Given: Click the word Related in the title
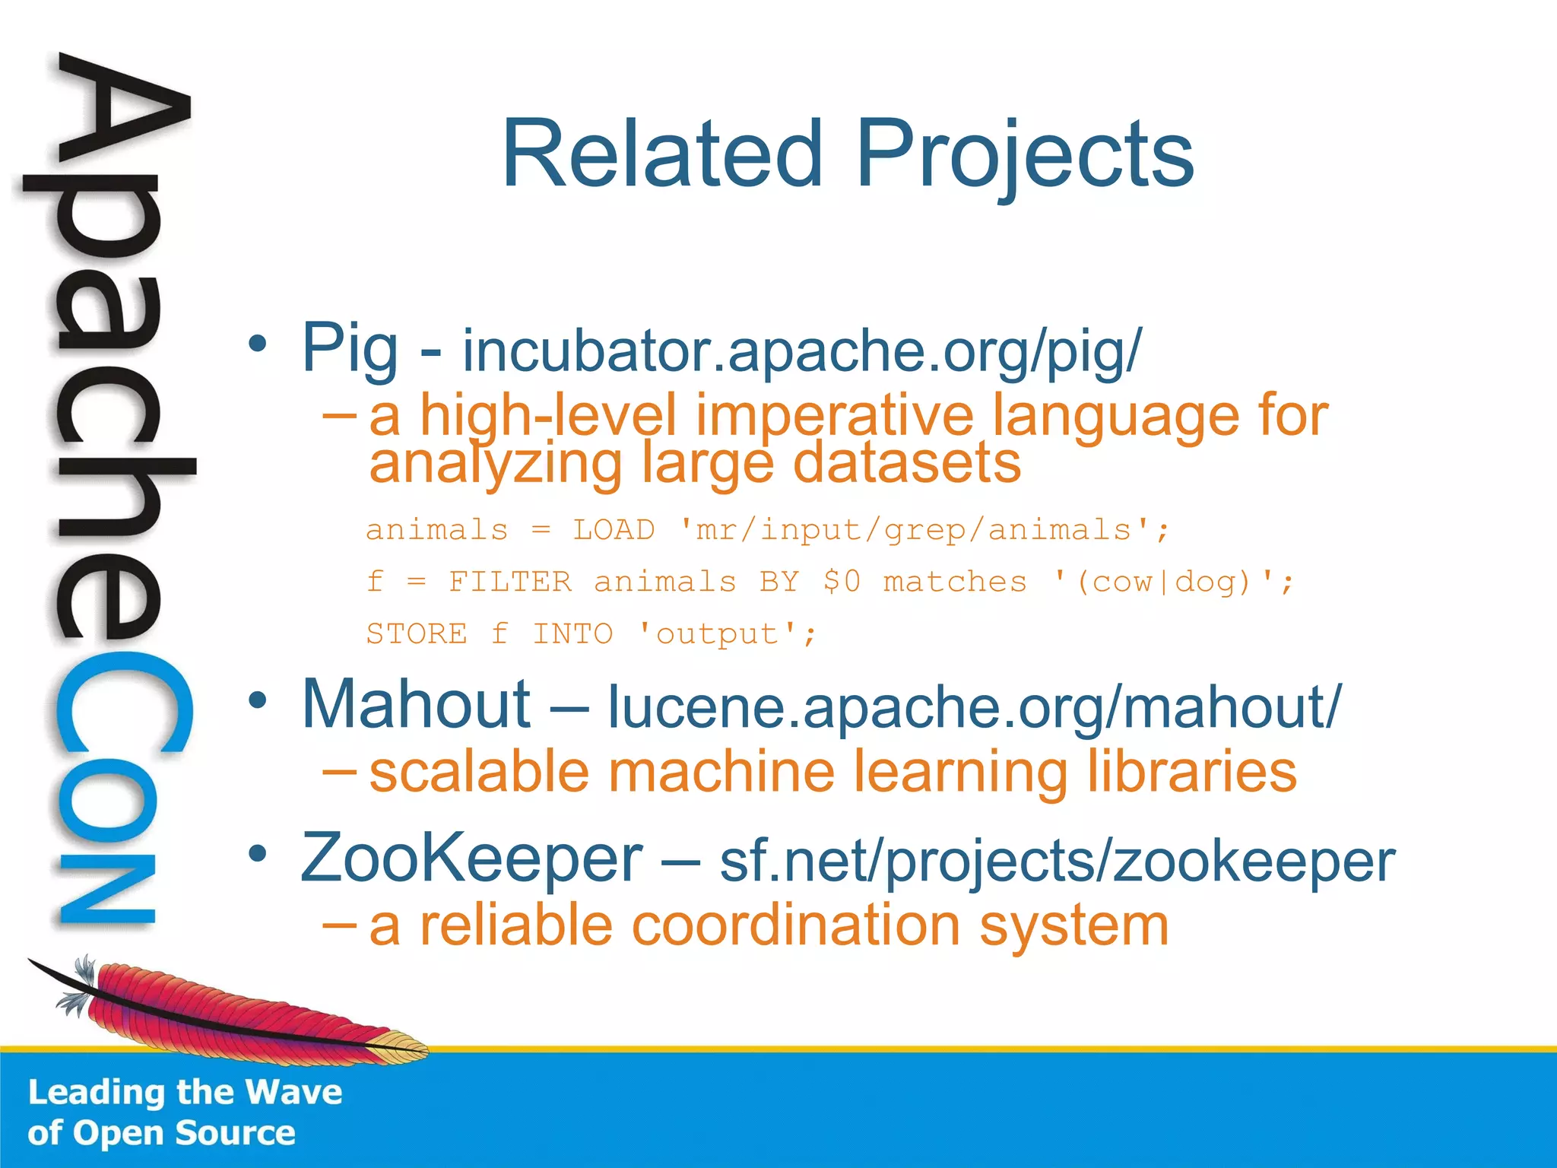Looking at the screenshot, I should (x=662, y=154).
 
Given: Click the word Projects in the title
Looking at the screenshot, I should (x=1025, y=156).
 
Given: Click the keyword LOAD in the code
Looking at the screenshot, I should (x=614, y=529).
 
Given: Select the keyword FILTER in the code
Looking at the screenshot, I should (x=509, y=582).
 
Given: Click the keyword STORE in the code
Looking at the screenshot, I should (x=417, y=633).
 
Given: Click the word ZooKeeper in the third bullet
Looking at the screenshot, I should (x=471, y=858).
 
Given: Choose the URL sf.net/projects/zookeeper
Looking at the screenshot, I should (x=1057, y=862).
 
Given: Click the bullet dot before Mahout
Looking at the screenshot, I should (x=258, y=700).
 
